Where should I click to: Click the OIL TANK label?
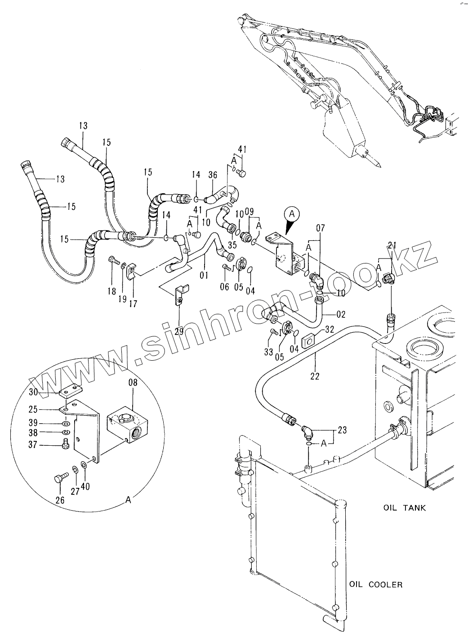click(x=404, y=508)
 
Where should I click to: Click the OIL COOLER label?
click(x=375, y=585)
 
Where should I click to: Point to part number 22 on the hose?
click(x=315, y=376)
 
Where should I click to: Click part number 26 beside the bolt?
click(x=60, y=500)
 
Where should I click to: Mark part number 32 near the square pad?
click(x=329, y=329)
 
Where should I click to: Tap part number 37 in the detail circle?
click(x=45, y=445)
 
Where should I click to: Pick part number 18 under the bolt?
click(x=111, y=292)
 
